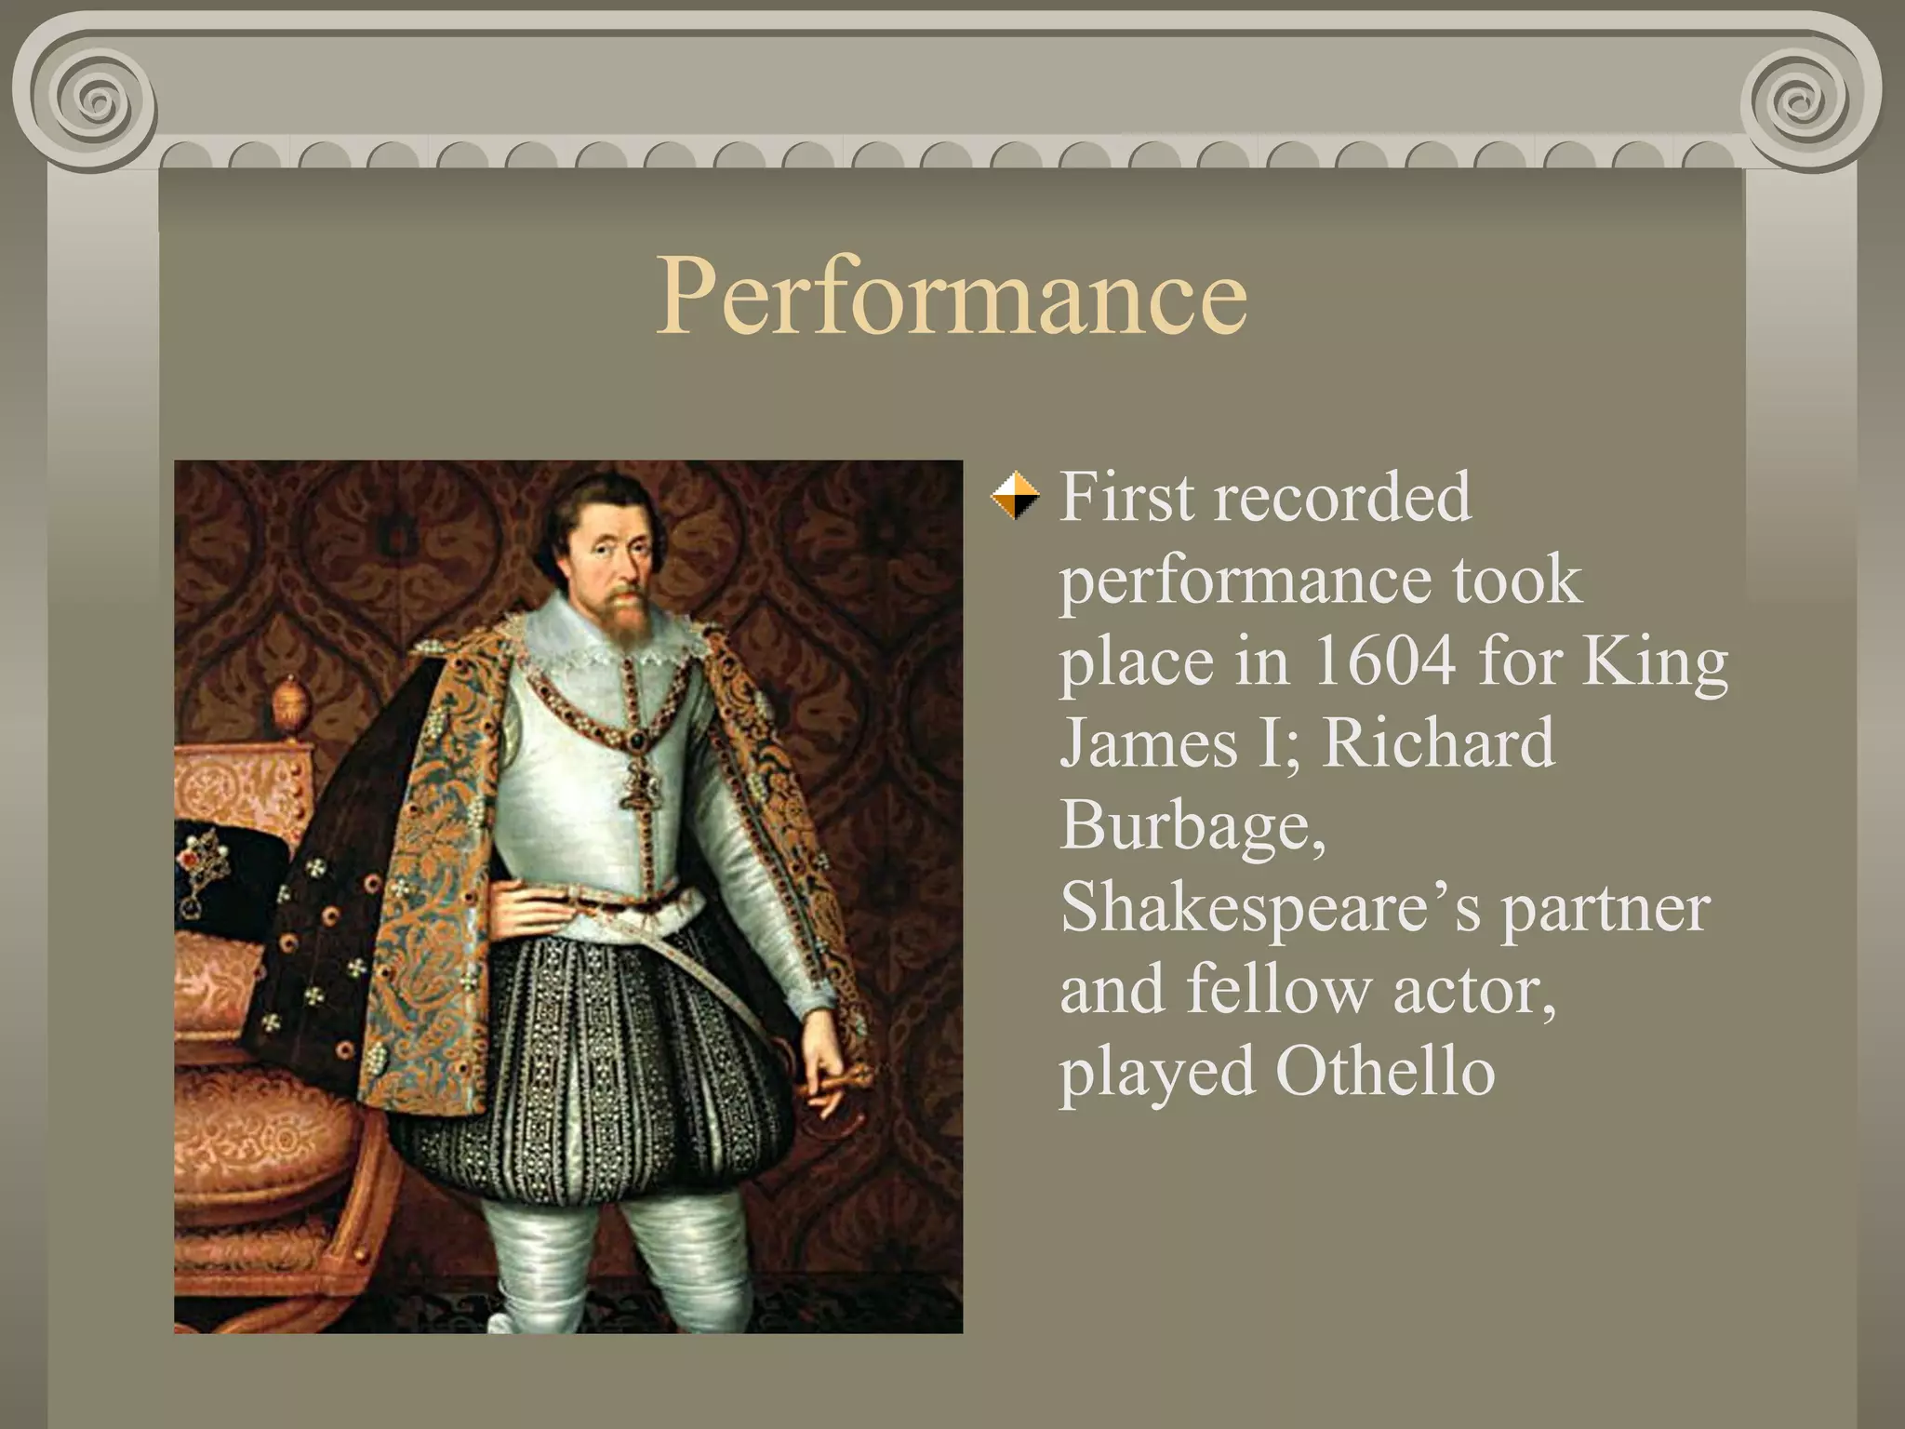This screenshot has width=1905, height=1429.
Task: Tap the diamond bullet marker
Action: coord(1014,496)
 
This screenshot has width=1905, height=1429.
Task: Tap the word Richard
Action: coord(1438,742)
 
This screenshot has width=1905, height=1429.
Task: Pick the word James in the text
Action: coord(1148,742)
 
